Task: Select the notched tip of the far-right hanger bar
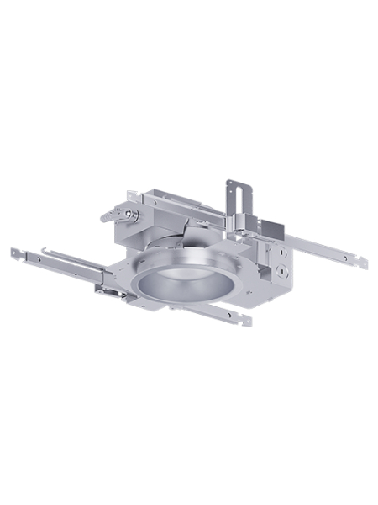tap(364, 263)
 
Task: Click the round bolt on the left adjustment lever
tap(131, 214)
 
